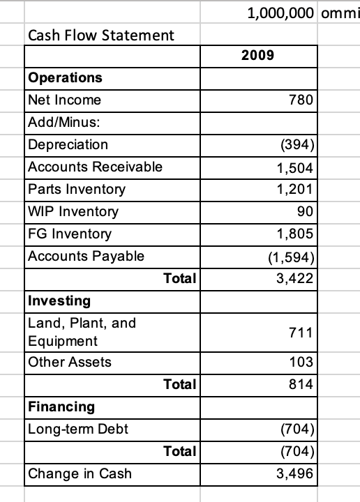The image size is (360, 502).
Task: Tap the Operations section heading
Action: [65, 77]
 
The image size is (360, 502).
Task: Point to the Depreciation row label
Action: [68, 144]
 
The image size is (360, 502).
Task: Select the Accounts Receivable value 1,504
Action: [299, 167]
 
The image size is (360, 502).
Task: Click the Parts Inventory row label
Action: [77, 189]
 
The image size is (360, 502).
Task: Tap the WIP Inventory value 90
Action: [308, 211]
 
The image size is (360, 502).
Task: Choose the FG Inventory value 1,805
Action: [299, 234]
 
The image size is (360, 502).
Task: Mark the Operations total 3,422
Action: [299, 278]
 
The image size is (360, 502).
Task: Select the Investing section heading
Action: [59, 301]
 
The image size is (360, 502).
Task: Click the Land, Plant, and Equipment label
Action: [72, 332]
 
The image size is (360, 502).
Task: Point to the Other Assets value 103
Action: [304, 362]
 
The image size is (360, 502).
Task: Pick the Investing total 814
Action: [304, 384]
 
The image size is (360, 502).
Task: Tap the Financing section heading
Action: [60, 406]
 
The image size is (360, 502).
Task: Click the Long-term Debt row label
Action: [78, 428]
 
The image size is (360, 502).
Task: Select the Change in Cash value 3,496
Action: [299, 473]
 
